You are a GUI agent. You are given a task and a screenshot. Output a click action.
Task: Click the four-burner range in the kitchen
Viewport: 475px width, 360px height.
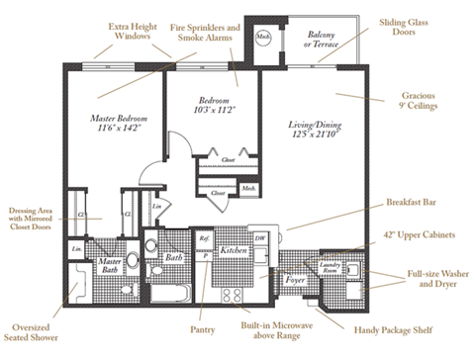pyautogui.click(x=234, y=294)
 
